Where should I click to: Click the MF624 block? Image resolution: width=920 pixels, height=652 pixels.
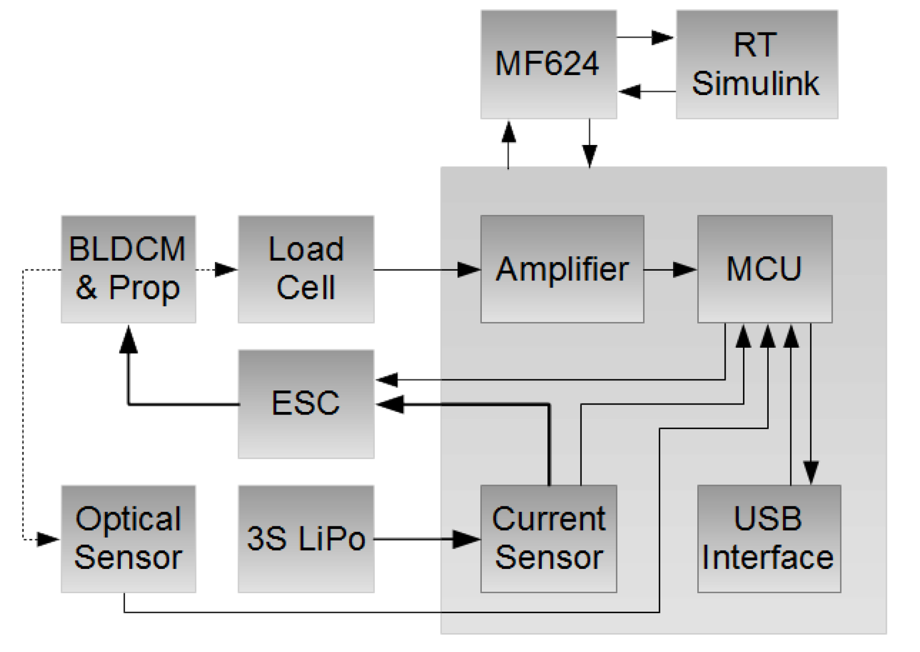tap(548, 64)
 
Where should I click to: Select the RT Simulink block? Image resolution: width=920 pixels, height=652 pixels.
tap(756, 64)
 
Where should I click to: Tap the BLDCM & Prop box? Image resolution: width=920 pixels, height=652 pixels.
tap(128, 268)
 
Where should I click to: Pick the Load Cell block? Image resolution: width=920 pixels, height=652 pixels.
tap(306, 268)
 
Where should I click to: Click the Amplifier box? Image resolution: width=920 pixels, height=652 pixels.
tap(562, 268)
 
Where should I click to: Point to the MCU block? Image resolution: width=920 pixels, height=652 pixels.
tap(764, 268)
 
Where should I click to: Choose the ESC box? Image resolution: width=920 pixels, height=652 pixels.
tap(306, 403)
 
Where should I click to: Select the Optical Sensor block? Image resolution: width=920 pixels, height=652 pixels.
tap(128, 539)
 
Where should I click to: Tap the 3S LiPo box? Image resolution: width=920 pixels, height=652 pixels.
tap(306, 539)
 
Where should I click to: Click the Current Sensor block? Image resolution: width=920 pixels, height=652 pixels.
tap(548, 539)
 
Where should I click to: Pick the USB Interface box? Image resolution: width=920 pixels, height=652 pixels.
tap(769, 539)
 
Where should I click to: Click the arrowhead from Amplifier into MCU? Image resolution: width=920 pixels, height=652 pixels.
tap(685, 270)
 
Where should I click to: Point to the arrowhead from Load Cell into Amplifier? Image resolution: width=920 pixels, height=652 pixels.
tap(468, 270)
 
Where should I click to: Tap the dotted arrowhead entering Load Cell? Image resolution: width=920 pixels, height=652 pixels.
tap(226, 270)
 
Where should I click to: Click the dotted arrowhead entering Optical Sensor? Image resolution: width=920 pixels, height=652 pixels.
tap(48, 539)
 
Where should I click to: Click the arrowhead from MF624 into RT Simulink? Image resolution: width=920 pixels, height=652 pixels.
tap(663, 37)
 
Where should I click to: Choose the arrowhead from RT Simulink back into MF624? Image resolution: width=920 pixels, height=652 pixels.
tap(630, 91)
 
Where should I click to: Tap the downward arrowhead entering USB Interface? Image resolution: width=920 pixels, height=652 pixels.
tap(811, 472)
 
